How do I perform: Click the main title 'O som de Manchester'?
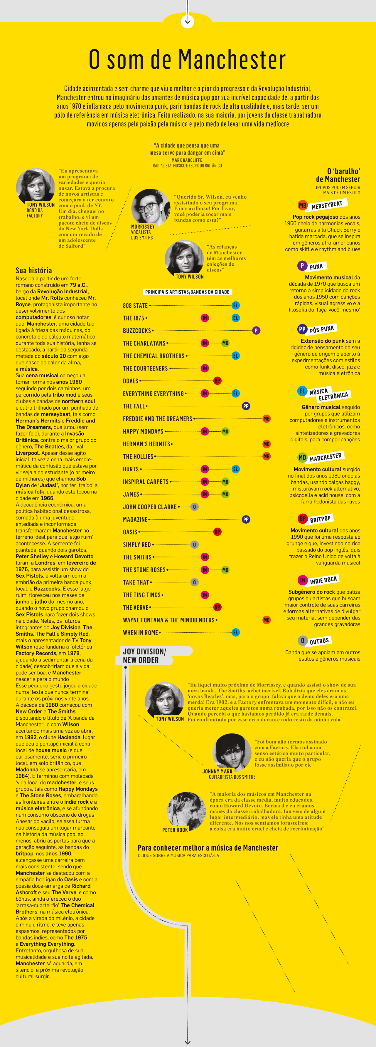coord(187,60)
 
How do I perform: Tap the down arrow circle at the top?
coord(187,21)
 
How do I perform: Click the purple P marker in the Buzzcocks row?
coord(256,331)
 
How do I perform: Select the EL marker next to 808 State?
coord(235,305)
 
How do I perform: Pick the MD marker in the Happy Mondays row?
coord(225,431)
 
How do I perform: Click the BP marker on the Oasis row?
coord(217,532)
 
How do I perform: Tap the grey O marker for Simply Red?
coord(195,544)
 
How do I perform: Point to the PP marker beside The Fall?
coord(246,406)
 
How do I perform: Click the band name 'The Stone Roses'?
coord(144,570)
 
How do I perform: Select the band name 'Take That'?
coord(136,582)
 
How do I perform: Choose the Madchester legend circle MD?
coord(302,458)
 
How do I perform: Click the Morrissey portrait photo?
coord(150,207)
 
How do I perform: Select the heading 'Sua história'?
coord(34,270)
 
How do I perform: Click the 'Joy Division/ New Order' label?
coord(144,656)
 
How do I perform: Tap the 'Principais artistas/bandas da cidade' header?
coord(187,292)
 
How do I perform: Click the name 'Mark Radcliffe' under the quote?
coord(187,160)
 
